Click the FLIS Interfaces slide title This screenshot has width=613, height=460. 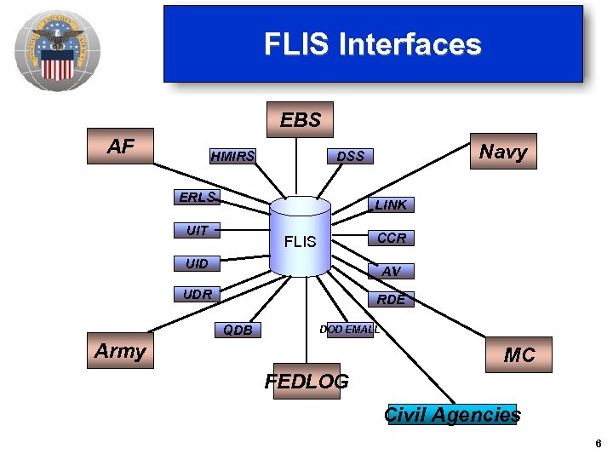pos(372,44)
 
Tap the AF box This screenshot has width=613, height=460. pos(121,147)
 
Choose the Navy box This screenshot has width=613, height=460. pos(503,152)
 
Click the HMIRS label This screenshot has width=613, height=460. pos(232,156)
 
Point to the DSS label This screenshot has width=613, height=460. pos(350,156)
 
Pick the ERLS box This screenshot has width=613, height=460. pos(197,197)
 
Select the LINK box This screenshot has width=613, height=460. pos(391,204)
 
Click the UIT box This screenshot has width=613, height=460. pos(197,230)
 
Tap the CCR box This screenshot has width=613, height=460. pos(391,238)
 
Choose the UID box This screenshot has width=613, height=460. pos(197,263)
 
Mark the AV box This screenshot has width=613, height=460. pos(391,271)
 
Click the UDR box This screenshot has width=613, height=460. pos(197,295)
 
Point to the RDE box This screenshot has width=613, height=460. pos(391,299)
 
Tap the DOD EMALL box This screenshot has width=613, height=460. pos(349,330)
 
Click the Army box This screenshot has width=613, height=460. pos(120,351)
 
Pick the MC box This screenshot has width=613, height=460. pos(519,355)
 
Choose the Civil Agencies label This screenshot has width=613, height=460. pos(452,415)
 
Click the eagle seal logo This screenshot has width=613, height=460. pos(57,51)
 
